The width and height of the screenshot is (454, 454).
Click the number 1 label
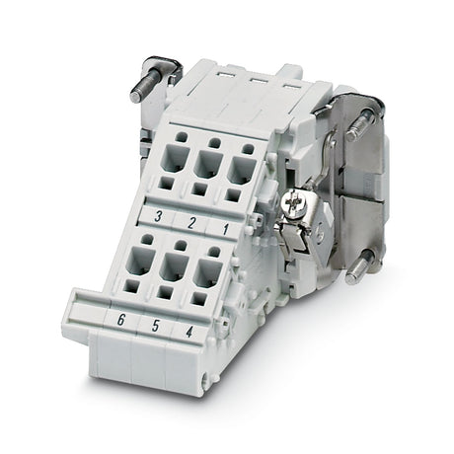(x=225, y=229)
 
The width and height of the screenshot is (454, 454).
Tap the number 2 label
(x=191, y=223)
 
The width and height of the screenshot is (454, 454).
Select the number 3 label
(x=158, y=216)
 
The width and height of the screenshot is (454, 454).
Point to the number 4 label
(x=189, y=332)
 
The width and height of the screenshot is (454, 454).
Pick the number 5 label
(x=155, y=326)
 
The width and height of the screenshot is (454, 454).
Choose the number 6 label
(x=121, y=320)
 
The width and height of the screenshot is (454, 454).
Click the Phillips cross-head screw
(x=292, y=202)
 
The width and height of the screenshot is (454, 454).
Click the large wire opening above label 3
(x=177, y=159)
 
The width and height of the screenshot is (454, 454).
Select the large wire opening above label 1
(x=242, y=170)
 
